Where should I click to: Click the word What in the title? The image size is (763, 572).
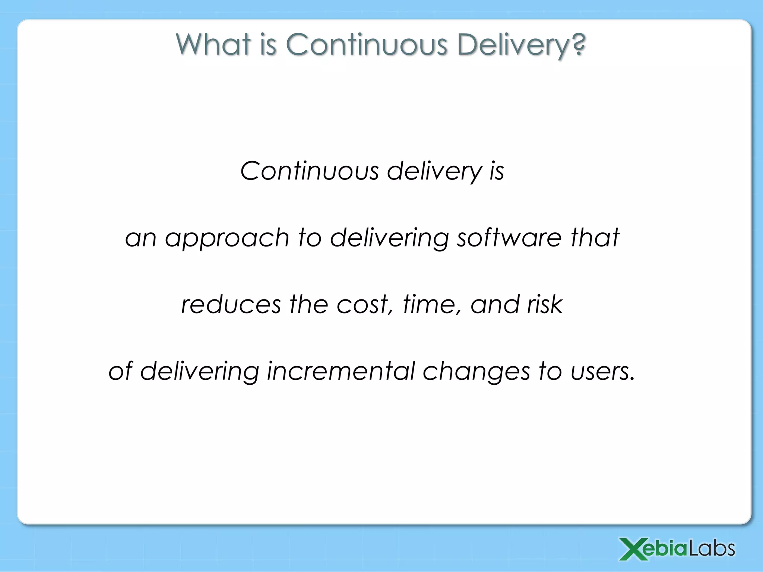[x=213, y=45]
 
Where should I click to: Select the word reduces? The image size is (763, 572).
[x=231, y=305]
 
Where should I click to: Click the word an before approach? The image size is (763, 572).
[x=140, y=238]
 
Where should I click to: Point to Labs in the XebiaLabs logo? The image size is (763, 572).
[x=711, y=549]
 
